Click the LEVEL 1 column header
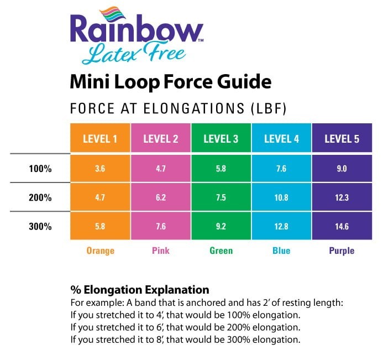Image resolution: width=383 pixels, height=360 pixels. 100,139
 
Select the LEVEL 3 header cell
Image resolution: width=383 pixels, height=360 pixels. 221,139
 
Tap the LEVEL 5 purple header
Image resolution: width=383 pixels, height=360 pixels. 342,139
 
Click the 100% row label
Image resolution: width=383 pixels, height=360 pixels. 40,169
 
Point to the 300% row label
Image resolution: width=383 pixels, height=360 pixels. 40,226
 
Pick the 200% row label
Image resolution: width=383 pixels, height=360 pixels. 40,197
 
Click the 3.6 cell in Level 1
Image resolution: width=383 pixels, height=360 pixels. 100,169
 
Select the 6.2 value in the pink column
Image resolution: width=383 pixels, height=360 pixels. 161,197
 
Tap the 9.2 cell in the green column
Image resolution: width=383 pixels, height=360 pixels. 221,226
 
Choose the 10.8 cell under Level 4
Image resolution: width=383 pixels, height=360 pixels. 281,197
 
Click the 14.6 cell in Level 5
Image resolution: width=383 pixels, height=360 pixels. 342,226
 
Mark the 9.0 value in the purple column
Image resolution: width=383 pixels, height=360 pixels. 342,169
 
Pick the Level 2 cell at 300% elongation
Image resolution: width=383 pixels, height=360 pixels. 161,226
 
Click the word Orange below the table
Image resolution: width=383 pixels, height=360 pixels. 100,251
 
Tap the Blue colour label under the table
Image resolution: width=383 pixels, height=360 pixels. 281,251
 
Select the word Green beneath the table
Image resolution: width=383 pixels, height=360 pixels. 221,251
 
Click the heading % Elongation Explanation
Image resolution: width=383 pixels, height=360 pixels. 140,289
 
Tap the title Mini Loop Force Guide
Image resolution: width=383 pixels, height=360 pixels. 171,82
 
